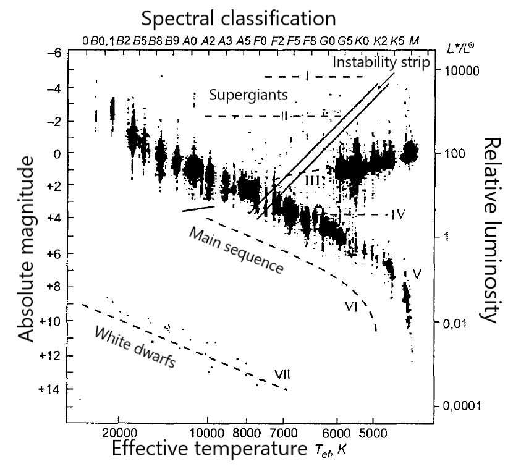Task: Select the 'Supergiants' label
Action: coord(248,96)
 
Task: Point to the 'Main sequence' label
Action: coord(236,251)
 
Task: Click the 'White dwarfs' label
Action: coord(134,347)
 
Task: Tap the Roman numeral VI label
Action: coord(352,307)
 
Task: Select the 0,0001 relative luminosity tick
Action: coord(460,406)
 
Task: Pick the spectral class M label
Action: coord(414,41)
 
